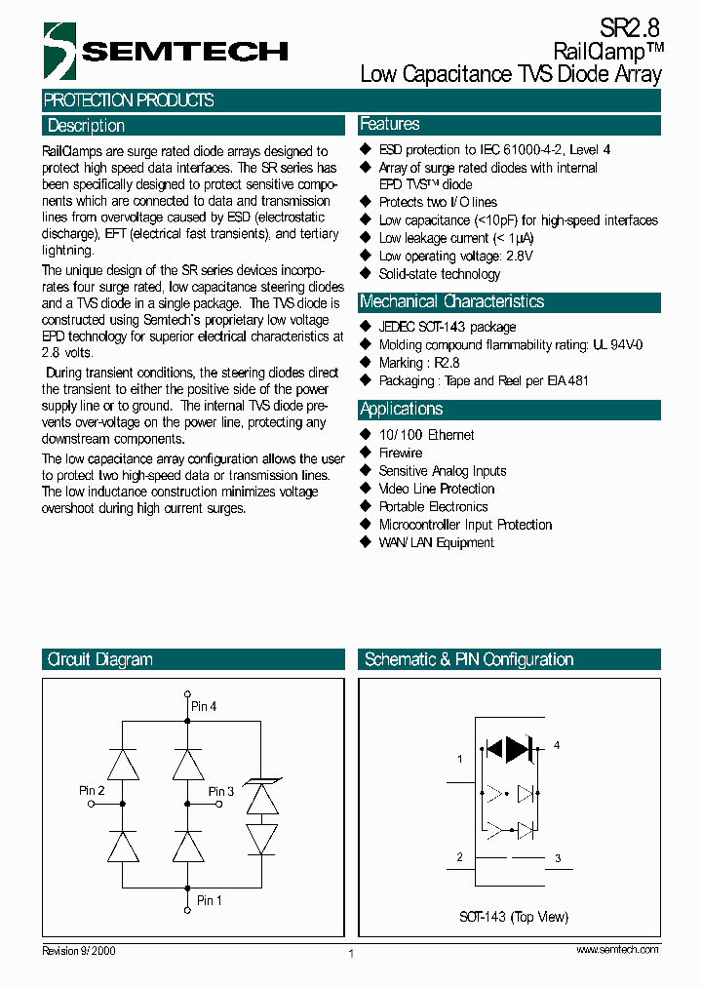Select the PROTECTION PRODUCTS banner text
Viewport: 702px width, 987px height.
click(x=129, y=100)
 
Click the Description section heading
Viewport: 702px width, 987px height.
click(x=86, y=126)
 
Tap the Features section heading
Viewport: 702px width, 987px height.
click(x=390, y=124)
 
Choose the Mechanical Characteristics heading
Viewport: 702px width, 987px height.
click(x=451, y=301)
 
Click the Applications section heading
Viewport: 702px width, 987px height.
click(x=401, y=409)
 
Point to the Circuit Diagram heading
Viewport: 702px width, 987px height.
click(x=99, y=659)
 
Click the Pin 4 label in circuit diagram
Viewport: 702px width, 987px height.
click(x=204, y=705)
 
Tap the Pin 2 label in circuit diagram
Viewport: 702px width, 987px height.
click(x=92, y=790)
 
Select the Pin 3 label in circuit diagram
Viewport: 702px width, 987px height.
click(x=221, y=791)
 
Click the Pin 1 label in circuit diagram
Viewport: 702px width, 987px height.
click(x=210, y=900)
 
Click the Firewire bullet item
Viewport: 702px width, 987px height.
click(x=400, y=453)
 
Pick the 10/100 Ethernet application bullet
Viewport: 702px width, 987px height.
click(x=426, y=435)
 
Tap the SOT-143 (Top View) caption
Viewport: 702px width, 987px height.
click(x=514, y=917)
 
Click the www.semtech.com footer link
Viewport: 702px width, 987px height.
click(x=617, y=949)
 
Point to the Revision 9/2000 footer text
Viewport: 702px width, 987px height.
click(x=79, y=950)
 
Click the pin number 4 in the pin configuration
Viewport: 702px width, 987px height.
click(x=557, y=745)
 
